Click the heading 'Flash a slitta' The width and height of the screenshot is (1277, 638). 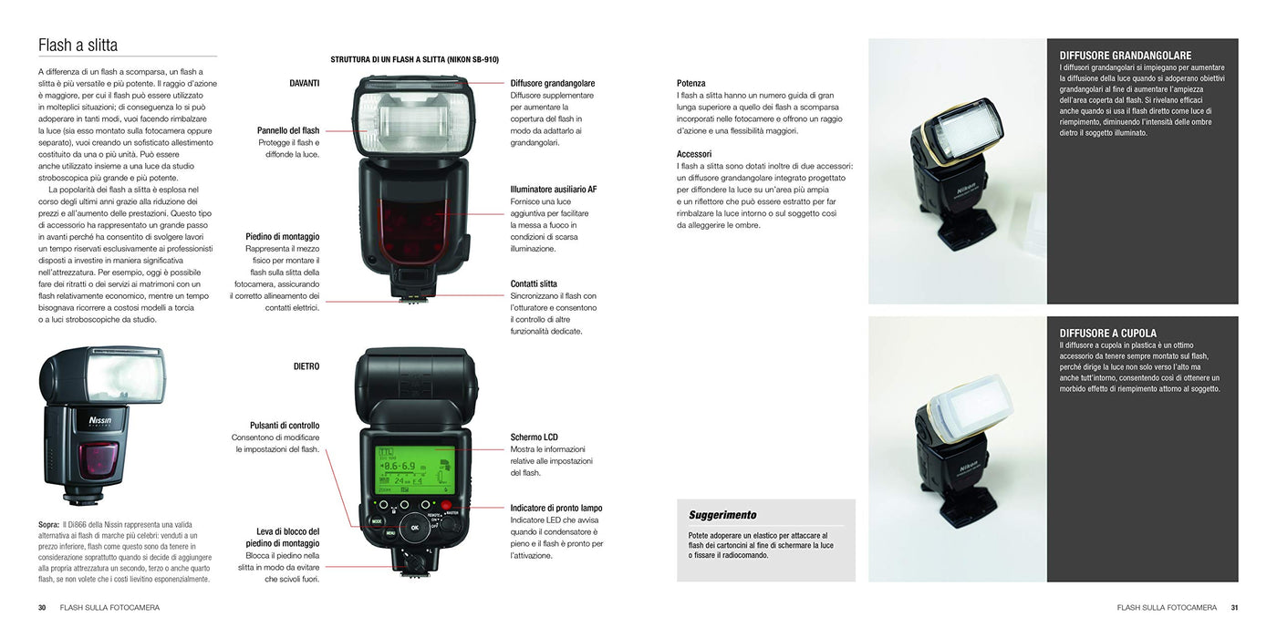78,45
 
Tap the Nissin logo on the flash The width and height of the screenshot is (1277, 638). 100,420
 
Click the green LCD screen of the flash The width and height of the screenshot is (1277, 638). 415,470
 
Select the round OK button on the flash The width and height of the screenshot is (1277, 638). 414,528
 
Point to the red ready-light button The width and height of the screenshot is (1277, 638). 446,505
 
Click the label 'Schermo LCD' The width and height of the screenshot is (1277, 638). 534,437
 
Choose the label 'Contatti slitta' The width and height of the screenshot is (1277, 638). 534,283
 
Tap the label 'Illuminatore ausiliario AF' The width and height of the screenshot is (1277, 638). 554,190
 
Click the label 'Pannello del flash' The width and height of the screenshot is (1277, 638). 288,130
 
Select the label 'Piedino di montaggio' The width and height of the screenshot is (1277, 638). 282,236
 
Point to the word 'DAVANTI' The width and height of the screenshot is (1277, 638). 305,83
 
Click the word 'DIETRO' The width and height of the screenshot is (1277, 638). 306,366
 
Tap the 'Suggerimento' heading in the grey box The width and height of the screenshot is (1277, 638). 722,515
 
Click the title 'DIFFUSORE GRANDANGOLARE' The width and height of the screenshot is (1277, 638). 1126,56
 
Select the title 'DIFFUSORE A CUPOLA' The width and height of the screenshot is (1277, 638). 1107,334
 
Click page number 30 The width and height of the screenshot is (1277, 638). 42,608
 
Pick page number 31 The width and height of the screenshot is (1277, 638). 1234,608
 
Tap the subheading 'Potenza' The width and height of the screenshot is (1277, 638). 691,83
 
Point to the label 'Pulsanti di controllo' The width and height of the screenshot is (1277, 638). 285,426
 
